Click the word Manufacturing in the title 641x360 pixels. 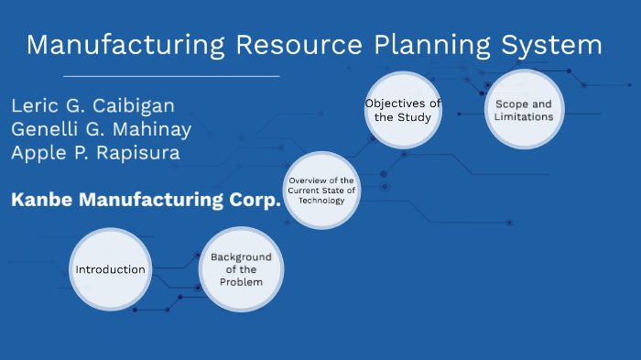tap(126, 45)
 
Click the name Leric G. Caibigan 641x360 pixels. tap(92, 105)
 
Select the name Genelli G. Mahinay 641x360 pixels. tap(101, 129)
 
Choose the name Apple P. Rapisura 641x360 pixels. tap(95, 153)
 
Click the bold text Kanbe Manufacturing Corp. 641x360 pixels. tap(146, 201)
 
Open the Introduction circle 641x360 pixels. tap(110, 269)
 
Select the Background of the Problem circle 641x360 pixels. tap(241, 269)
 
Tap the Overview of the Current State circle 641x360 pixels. tap(320, 191)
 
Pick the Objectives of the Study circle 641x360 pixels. tap(402, 111)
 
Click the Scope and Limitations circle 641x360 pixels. tap(523, 111)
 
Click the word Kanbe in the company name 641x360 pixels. tap(41, 201)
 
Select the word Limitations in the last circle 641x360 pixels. tap(523, 117)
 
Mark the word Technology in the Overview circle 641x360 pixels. tap(320, 201)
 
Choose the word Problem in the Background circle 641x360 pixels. tap(241, 281)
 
